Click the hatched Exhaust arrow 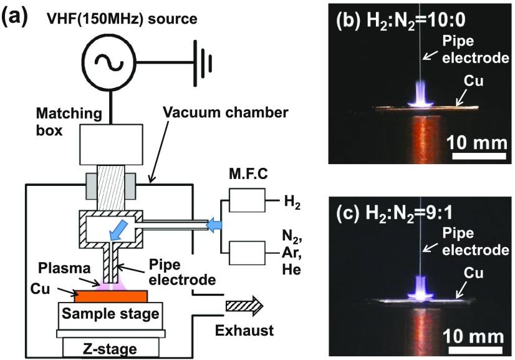click(x=244, y=306)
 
